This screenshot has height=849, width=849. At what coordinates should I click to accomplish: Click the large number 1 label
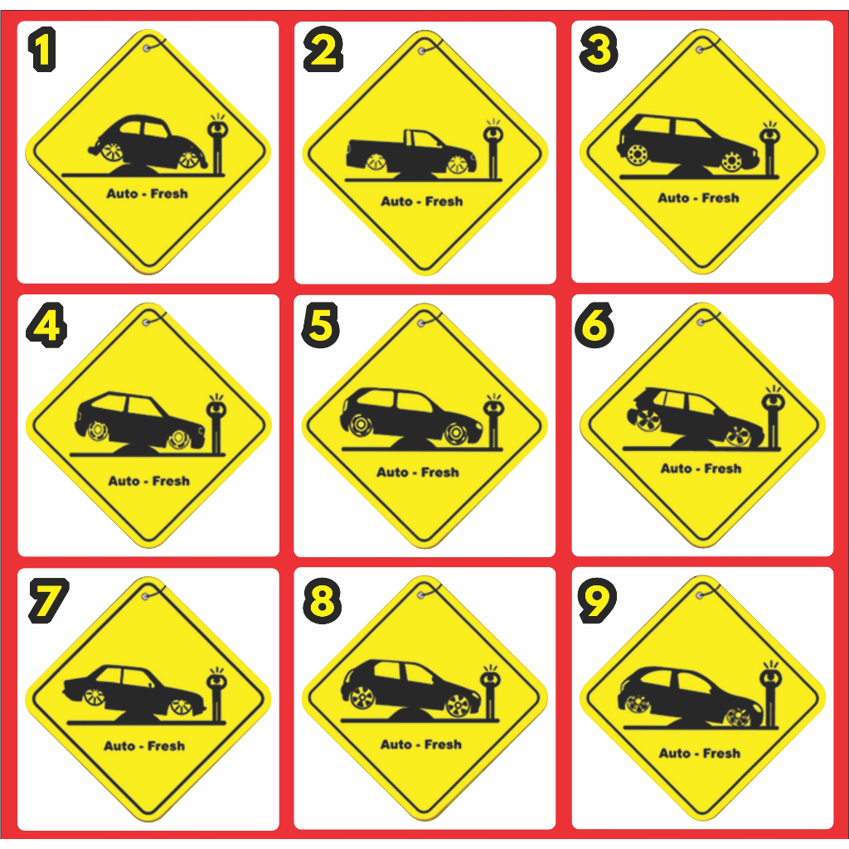(42, 49)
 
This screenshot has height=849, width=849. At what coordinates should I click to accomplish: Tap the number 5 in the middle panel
(321, 325)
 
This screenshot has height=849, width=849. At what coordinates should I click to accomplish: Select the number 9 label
(597, 600)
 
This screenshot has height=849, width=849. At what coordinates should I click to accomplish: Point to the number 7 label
(49, 600)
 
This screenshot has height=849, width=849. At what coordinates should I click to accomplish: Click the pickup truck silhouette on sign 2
(411, 153)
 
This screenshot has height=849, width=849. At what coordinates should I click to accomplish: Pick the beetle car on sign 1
(148, 141)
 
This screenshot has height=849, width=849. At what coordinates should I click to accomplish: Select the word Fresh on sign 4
(171, 481)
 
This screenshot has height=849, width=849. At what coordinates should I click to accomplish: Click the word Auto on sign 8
(396, 745)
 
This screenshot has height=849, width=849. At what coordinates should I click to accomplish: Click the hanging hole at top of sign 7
(145, 597)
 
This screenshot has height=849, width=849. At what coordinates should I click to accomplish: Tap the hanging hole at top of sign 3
(700, 50)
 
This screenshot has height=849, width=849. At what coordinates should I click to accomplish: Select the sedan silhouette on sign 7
(134, 689)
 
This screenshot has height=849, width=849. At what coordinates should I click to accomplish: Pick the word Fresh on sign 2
(444, 201)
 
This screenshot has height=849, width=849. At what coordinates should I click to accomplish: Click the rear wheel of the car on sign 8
(362, 697)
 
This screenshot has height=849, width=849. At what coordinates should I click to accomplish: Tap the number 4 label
(46, 325)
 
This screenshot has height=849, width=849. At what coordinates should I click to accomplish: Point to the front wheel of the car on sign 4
(179, 439)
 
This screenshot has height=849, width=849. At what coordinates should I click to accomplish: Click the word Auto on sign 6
(677, 468)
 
